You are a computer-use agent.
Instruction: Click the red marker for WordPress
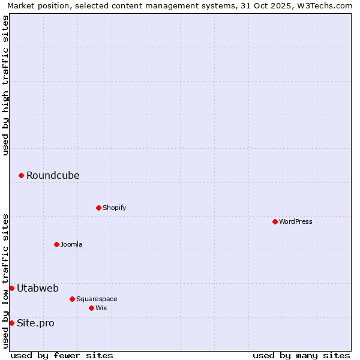(x=275, y=221)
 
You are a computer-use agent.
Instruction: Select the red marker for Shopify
(x=98, y=208)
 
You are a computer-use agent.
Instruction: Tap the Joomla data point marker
(x=56, y=244)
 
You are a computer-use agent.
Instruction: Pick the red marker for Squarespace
(x=72, y=299)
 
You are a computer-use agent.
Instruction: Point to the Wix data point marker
(x=91, y=308)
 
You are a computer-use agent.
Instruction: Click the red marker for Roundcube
(x=21, y=175)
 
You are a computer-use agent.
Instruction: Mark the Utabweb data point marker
(x=11, y=288)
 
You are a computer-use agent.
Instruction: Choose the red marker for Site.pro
(x=11, y=323)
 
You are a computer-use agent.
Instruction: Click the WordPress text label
(x=296, y=221)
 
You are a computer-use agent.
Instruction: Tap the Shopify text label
(x=114, y=208)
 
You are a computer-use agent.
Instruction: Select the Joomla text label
(x=71, y=244)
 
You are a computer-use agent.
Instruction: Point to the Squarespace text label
(x=97, y=299)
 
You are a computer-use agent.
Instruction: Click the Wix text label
(x=101, y=308)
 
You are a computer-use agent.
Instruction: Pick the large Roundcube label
(x=53, y=175)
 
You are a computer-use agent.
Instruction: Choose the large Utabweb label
(x=38, y=288)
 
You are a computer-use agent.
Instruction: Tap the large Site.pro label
(x=35, y=323)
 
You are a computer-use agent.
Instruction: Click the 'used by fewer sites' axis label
(x=62, y=355)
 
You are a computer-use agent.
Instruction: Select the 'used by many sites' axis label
(x=301, y=355)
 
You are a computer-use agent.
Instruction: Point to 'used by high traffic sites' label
(x=5, y=85)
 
